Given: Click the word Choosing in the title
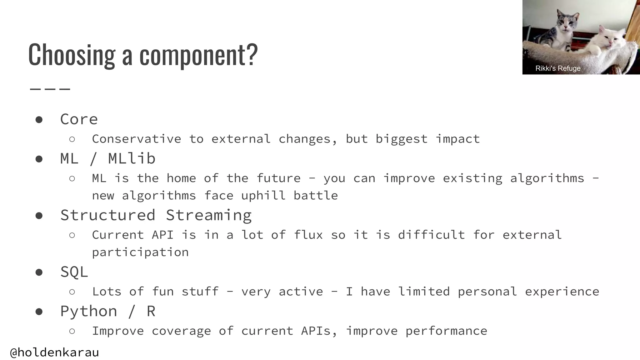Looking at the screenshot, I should (72, 55).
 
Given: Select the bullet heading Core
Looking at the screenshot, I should (79, 119).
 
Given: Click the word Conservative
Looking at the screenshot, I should (137, 139).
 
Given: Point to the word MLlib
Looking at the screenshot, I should (132, 158).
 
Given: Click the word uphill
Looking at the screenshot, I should (263, 196).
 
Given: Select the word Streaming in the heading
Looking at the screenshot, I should (208, 215).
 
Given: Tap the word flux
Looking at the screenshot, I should (308, 235).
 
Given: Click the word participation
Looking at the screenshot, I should (140, 252).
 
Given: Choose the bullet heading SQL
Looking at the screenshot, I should (74, 272).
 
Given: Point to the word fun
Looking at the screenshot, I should (163, 292).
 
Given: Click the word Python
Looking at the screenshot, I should (89, 311).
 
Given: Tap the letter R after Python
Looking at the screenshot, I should (151, 311).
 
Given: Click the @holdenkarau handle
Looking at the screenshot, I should (55, 352).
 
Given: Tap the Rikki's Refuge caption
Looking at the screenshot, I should (558, 68).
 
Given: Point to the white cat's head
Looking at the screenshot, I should (609, 38).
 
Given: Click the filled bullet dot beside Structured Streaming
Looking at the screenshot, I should (39, 216).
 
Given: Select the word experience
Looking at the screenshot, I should (562, 292).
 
